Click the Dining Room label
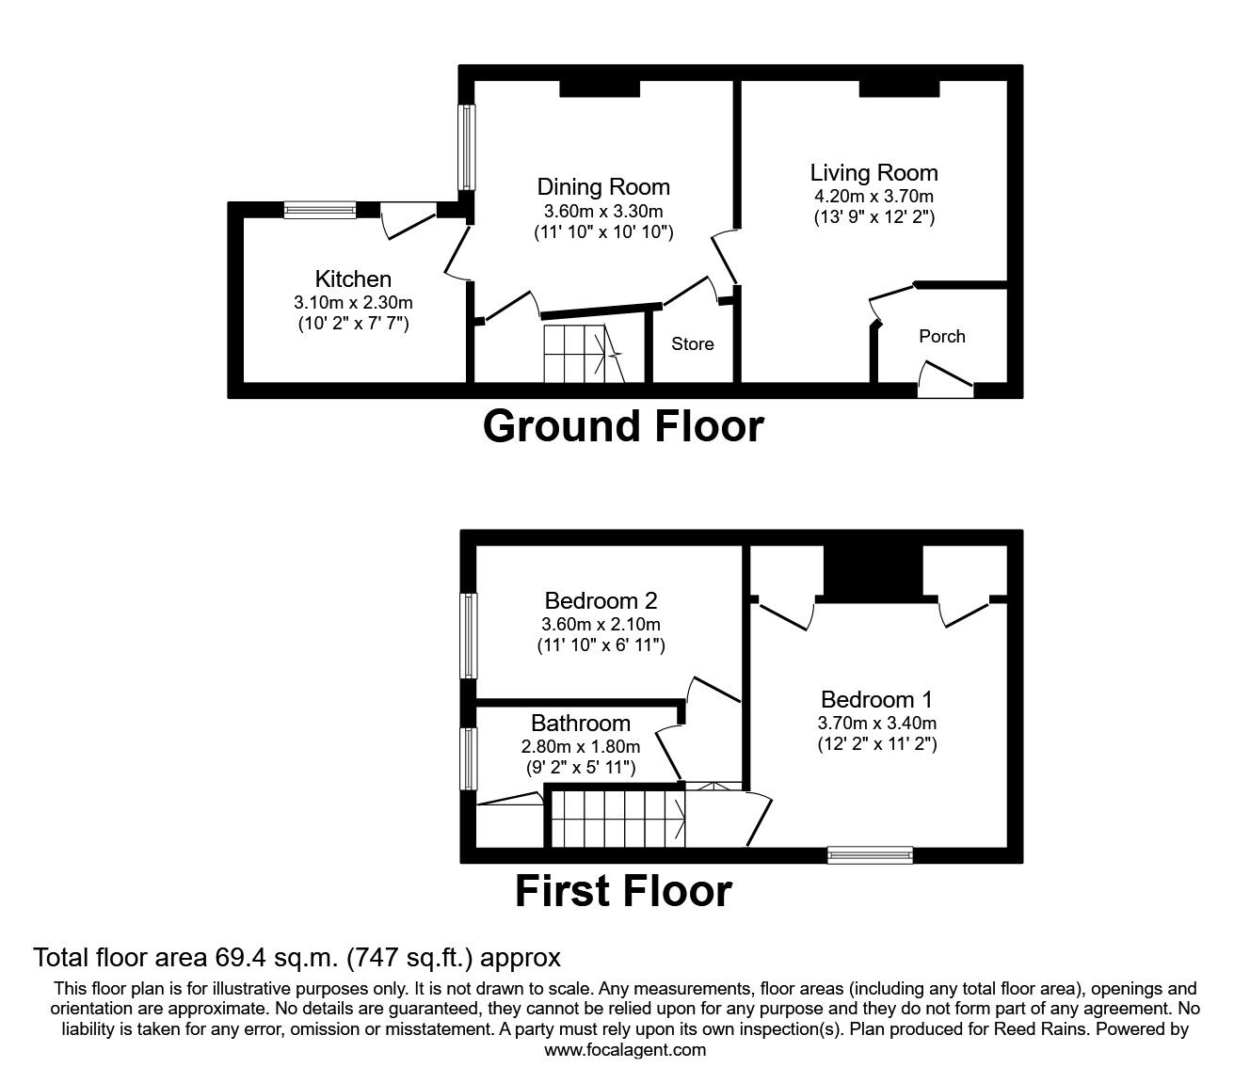[x=603, y=187]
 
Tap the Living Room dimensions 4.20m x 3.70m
[x=873, y=196]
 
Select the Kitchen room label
[x=353, y=279]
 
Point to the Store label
[x=693, y=343]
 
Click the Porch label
[x=941, y=336]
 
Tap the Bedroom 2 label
[x=601, y=600]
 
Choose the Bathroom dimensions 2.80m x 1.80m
[x=581, y=746]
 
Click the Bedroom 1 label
[x=877, y=700]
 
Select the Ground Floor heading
[x=623, y=426]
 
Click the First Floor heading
[x=623, y=891]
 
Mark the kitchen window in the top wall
[x=320, y=210]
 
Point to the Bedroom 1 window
[x=871, y=854]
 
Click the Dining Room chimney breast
[x=600, y=88]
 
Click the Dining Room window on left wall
[x=466, y=147]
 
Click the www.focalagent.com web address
[x=625, y=1050]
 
